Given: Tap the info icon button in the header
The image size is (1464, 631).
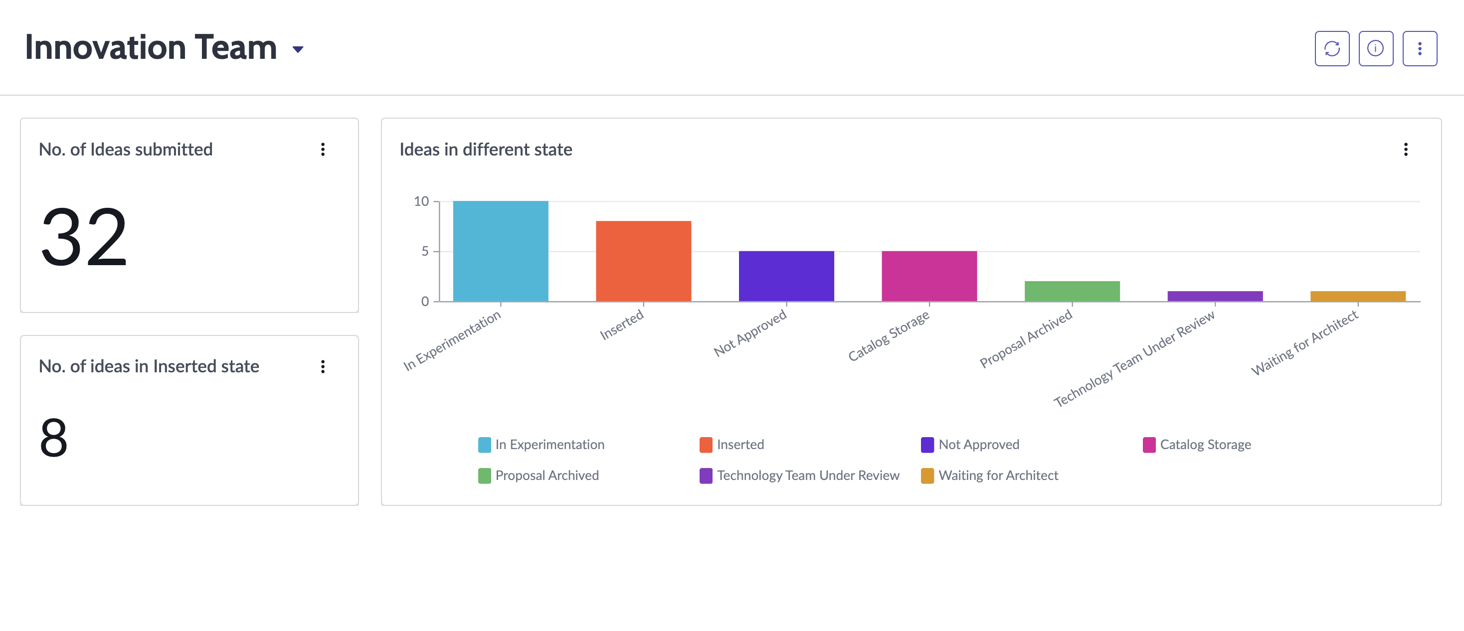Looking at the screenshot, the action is pyautogui.click(x=1375, y=49).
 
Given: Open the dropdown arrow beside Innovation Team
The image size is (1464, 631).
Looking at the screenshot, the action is pyautogui.click(x=298, y=49).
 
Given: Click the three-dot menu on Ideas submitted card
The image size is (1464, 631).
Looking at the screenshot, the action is pyautogui.click(x=323, y=150).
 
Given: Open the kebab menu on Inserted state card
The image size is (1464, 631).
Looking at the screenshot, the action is pyautogui.click(x=323, y=367).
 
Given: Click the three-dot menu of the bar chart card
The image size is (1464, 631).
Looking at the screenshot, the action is pyautogui.click(x=1406, y=150).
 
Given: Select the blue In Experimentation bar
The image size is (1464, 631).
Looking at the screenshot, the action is pyautogui.click(x=501, y=251).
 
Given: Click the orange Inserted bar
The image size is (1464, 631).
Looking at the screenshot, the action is pyautogui.click(x=643, y=261).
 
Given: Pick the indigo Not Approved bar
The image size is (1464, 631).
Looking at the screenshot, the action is pyautogui.click(x=786, y=276).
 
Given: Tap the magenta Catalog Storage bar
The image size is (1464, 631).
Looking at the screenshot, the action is pyautogui.click(x=929, y=276).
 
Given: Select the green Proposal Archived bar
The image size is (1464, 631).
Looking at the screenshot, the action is pyautogui.click(x=1072, y=292).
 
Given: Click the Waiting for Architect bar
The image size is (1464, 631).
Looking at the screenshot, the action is pyautogui.click(x=1358, y=297).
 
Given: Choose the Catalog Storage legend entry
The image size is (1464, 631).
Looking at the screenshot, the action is pyautogui.click(x=1197, y=445).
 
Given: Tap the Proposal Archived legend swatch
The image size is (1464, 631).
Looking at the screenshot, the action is pyautogui.click(x=484, y=475).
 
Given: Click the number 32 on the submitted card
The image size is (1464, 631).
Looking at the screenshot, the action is pyautogui.click(x=84, y=237).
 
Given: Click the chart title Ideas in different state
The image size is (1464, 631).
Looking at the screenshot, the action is pyautogui.click(x=486, y=150).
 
